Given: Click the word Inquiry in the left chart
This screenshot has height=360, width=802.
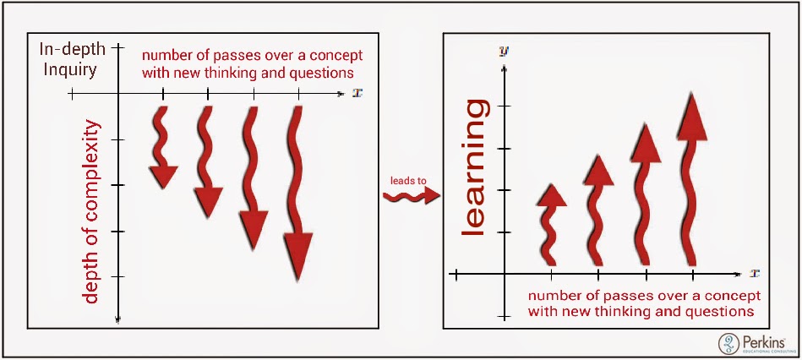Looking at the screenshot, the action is coord(69,69).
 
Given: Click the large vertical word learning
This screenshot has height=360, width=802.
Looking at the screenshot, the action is coord(472,167).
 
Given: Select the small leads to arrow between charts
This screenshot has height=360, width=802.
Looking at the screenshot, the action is coord(412,196).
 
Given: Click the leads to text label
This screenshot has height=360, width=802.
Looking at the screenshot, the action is coord(408,181).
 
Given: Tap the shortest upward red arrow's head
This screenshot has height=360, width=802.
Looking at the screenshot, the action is coord(551,195).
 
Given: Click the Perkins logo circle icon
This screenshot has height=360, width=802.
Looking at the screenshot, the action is coord(728,344).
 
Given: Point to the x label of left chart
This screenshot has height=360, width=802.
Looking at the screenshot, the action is coord(356,93).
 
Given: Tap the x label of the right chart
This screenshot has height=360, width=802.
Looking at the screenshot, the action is coord(754,274).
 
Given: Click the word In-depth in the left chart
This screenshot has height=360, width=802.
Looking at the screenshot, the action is coord(73,50).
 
